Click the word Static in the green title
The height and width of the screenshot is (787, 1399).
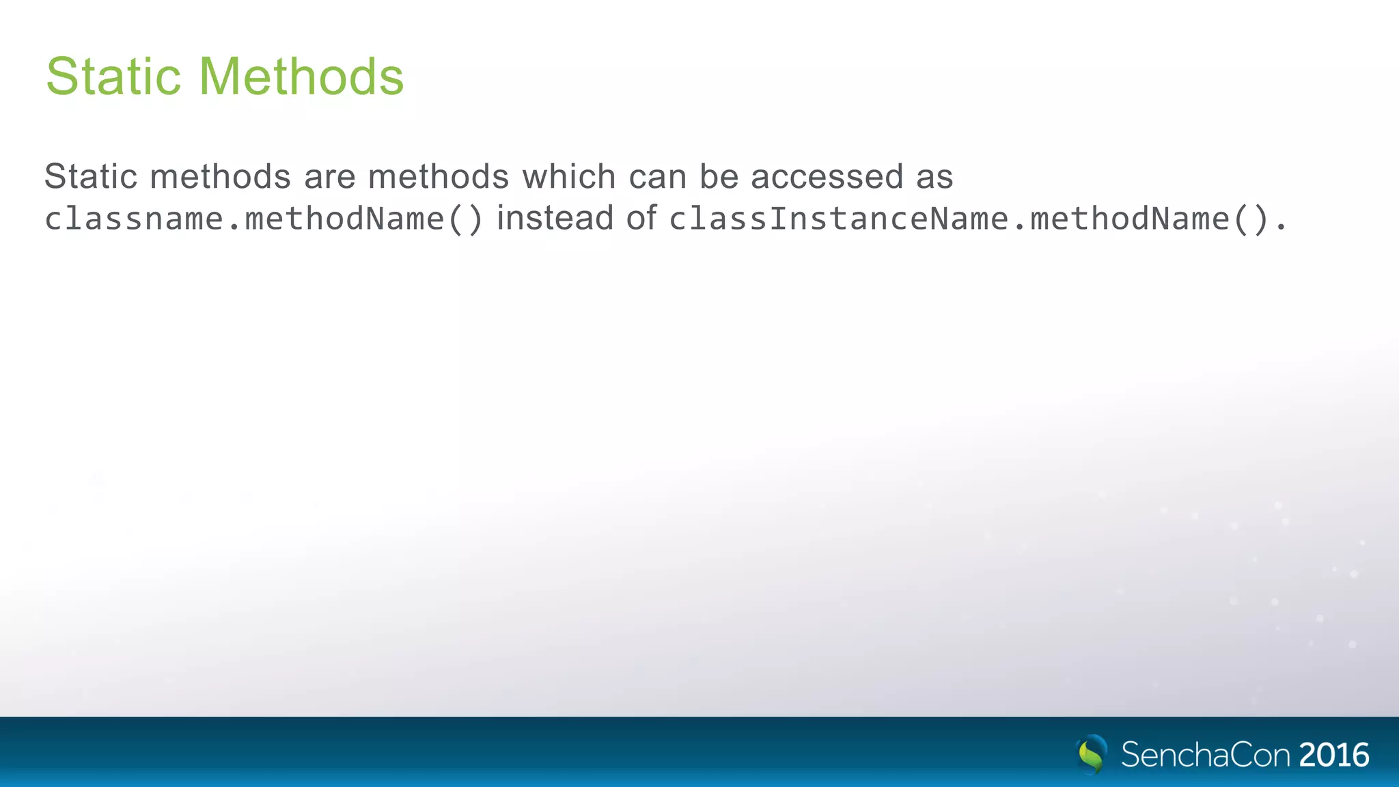coord(113,77)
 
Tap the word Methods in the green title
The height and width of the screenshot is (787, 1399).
coord(301,77)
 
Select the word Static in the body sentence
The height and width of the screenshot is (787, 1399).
coord(91,177)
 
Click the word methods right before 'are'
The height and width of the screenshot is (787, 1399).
coord(221,177)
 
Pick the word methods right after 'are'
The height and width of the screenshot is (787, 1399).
coord(439,177)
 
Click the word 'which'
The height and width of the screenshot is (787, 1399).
coord(569,177)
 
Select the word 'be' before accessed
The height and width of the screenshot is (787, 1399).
coord(719,177)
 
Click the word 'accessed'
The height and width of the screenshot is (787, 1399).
coord(827,177)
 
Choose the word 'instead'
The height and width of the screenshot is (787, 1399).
coord(555,219)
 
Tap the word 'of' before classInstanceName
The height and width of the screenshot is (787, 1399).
coord(641,219)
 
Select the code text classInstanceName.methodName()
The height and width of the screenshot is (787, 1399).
coord(969,219)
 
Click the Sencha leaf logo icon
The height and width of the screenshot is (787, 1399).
coord(1092,754)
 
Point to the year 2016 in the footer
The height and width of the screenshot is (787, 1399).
coord(1333,755)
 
